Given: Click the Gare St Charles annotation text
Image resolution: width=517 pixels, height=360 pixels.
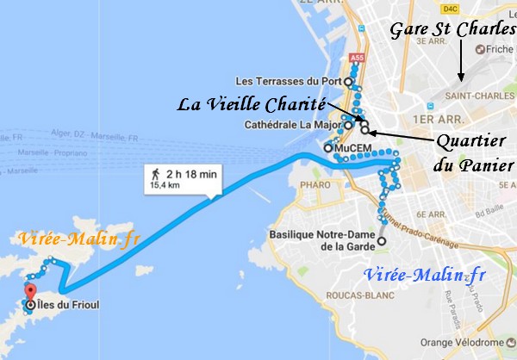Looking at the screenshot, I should (452, 30).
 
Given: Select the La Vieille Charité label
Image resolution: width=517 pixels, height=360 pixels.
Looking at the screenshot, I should (250, 105).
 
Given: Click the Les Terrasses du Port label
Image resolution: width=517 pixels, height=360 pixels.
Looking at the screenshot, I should (290, 82).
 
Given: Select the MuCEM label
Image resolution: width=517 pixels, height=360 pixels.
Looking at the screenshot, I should (353, 148).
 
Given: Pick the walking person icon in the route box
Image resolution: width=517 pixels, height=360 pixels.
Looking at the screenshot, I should (158, 173).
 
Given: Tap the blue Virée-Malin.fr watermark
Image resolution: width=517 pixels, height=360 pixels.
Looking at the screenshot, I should (424, 276).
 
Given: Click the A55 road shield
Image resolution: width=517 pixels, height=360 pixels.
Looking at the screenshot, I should (357, 58).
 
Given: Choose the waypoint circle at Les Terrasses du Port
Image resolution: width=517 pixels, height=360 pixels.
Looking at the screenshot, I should (348, 82).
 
